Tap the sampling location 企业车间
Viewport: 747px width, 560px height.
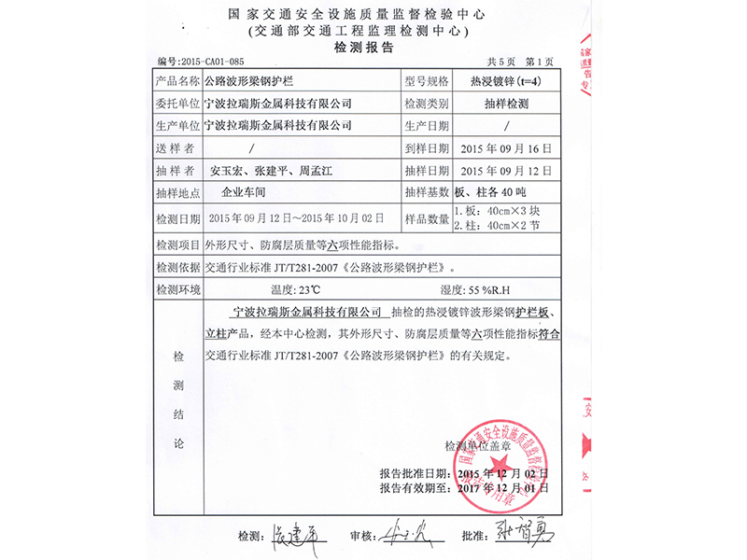(x=245, y=194)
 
